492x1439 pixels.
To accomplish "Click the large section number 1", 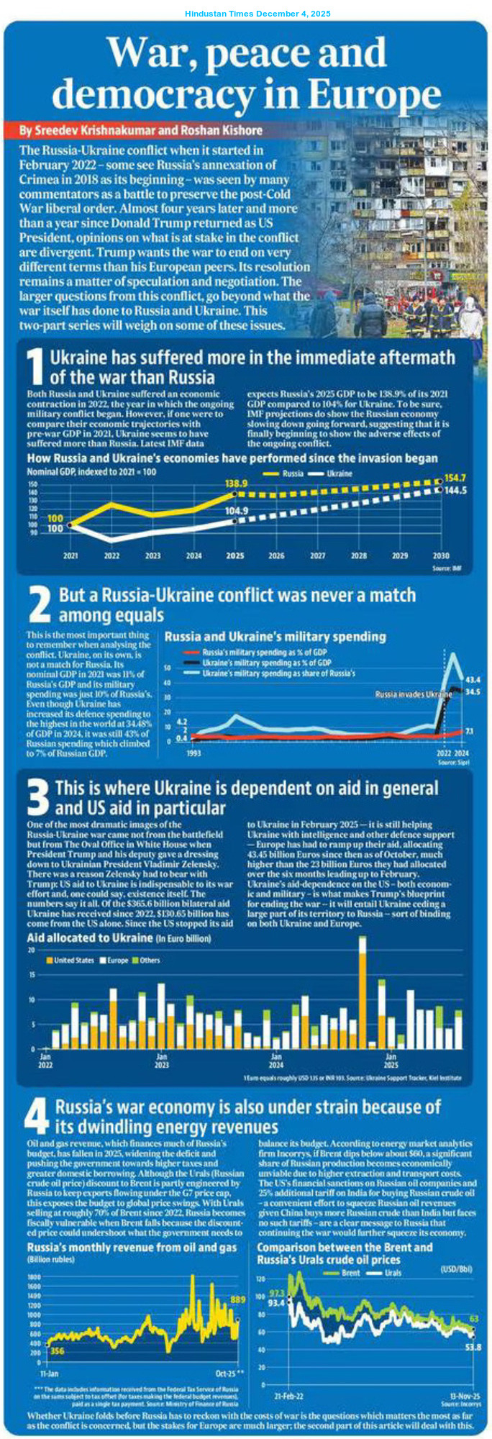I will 36,367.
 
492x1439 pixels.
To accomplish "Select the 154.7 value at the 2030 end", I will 455,478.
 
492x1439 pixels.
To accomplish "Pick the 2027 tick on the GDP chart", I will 318,556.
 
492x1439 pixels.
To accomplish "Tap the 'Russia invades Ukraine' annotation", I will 414,694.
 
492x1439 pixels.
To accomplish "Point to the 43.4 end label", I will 473,679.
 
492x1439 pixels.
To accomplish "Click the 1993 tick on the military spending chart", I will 193,753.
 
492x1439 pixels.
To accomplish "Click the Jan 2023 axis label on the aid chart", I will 163,1061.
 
